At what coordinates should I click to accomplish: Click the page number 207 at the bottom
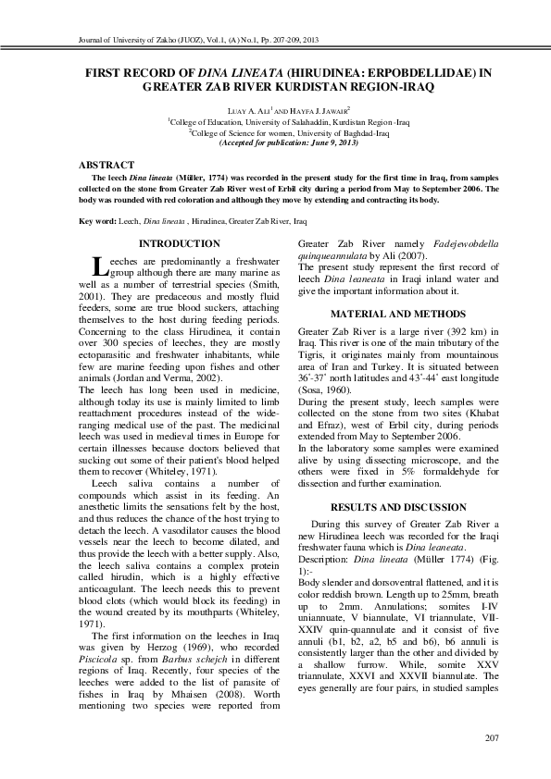click(x=492, y=736)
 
